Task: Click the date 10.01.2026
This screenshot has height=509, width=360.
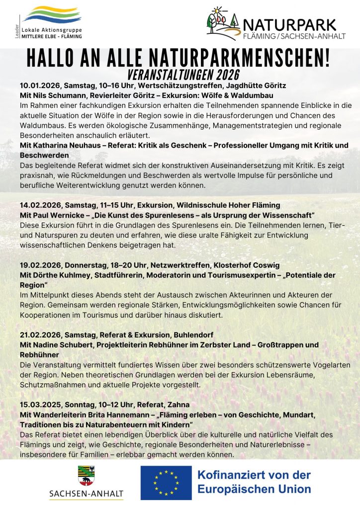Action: (x=37, y=85)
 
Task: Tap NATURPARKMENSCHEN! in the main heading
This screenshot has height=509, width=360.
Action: (x=247, y=60)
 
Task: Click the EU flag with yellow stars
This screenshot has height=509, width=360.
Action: (x=166, y=482)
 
